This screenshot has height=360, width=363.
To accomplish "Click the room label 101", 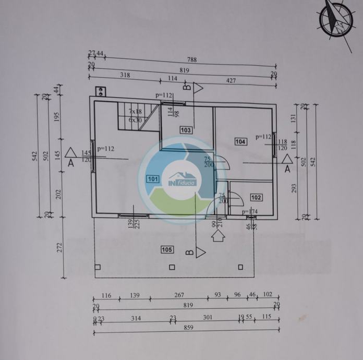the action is tap(153, 179).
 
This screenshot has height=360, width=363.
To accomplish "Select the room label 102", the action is tap(256, 197).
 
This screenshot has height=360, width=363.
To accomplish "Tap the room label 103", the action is tap(186, 130).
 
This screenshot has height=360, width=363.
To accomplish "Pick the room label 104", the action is tap(240, 141).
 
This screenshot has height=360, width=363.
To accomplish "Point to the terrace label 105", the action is tap(166, 250).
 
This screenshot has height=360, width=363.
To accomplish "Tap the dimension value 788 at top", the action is tap(192, 60).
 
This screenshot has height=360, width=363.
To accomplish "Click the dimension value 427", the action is tap(231, 80).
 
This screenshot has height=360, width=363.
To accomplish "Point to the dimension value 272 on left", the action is tap(59, 245).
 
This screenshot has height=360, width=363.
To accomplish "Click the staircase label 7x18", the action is tap(136, 112).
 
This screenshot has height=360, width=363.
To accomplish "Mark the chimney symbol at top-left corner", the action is tap(100, 92).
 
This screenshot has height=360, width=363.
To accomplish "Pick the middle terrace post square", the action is tap(172, 268).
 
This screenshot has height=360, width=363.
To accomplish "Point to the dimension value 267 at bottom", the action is tap(178, 295).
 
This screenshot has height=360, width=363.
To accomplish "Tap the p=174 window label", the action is tap(250, 211).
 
